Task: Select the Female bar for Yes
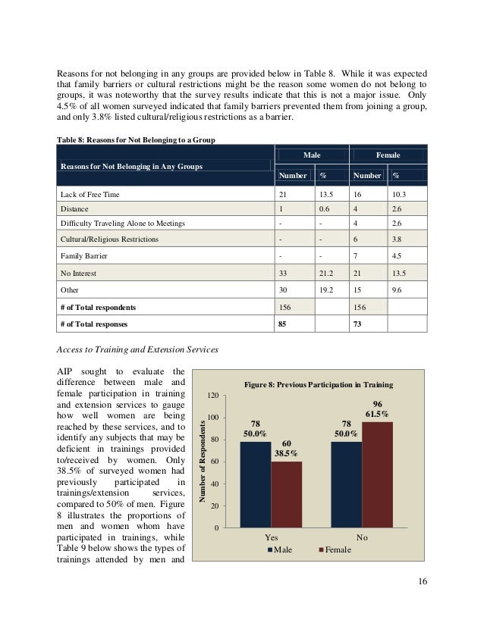click(x=286, y=493)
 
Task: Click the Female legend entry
click(x=334, y=549)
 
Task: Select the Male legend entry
click(x=281, y=549)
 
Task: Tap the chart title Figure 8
click(x=317, y=385)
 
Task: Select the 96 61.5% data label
click(x=377, y=409)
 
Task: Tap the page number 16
click(x=423, y=581)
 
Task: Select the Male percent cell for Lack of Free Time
click(x=325, y=195)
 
